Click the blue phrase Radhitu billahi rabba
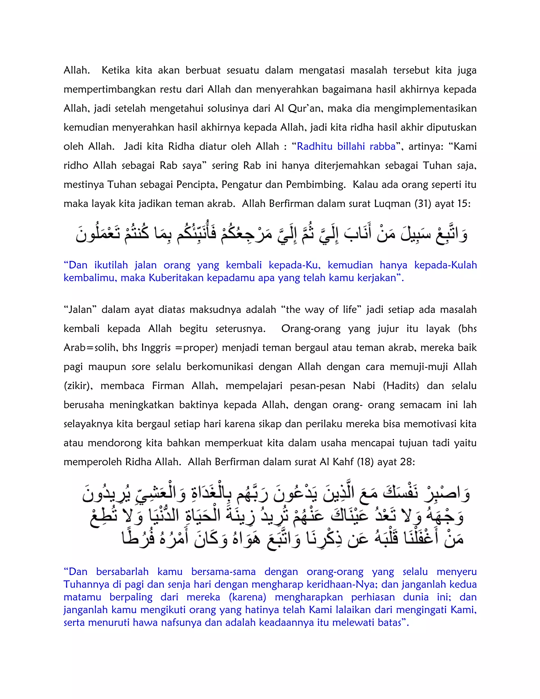coord(346,147)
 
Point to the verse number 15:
coord(463,204)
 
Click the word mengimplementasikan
coord(425,108)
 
